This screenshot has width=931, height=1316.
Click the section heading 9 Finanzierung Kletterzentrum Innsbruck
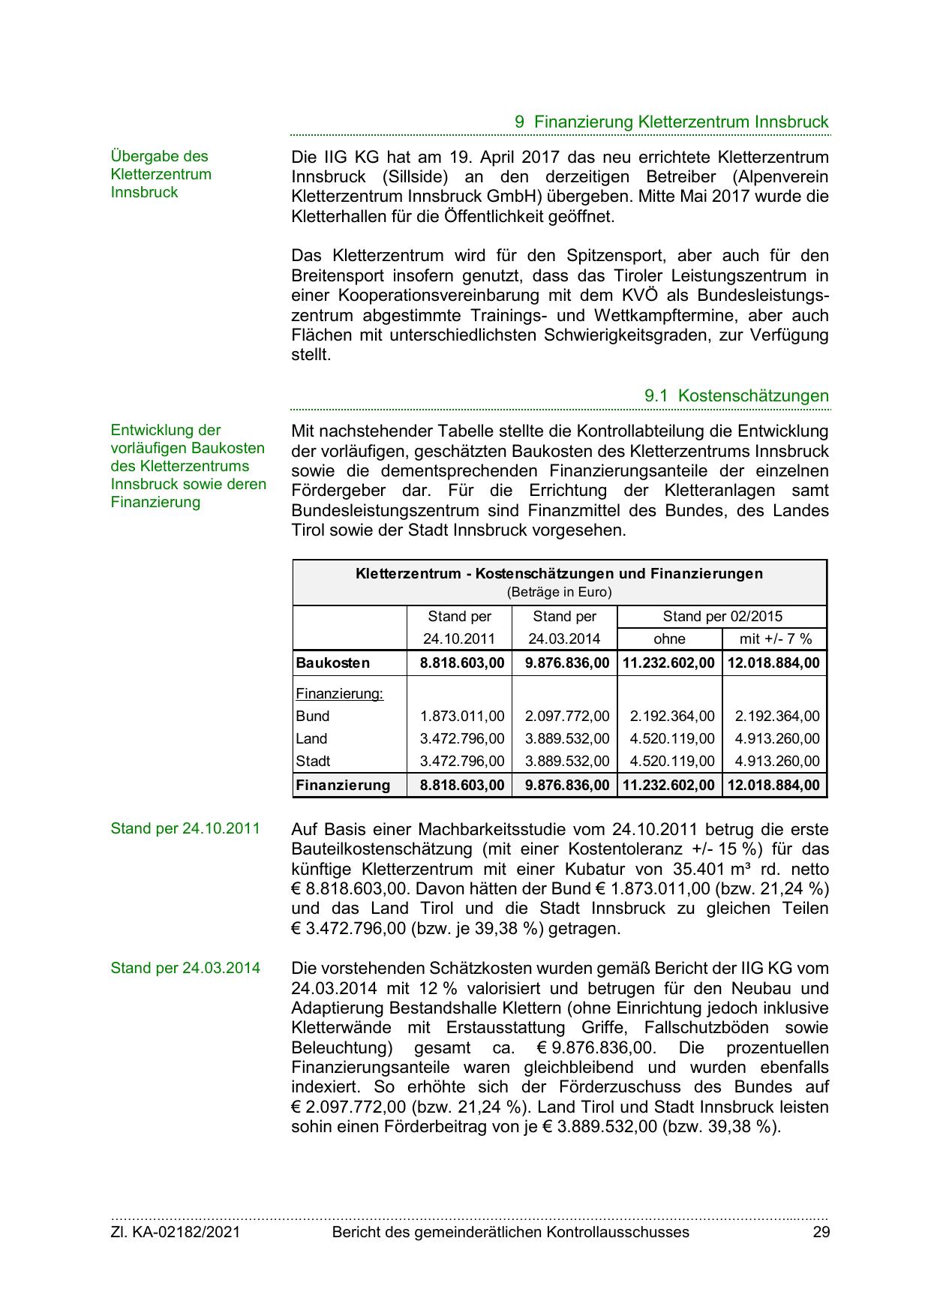tap(671, 122)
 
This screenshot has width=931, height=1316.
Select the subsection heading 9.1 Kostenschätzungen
tap(736, 395)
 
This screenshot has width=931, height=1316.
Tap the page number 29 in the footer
tap(821, 1231)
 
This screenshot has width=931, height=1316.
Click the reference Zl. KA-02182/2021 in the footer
tap(176, 1231)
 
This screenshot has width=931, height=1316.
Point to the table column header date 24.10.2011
tap(459, 638)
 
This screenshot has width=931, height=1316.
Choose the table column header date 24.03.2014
tap(564, 638)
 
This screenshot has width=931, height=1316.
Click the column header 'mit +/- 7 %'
tap(775, 638)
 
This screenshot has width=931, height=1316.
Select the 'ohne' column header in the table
tap(669, 638)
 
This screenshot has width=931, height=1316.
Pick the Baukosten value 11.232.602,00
tap(669, 663)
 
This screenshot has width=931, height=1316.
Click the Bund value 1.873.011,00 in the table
tap(462, 716)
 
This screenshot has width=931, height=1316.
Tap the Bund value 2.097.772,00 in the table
tap(567, 716)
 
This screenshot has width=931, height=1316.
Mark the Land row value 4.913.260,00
tap(777, 738)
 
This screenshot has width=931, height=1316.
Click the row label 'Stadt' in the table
tap(313, 761)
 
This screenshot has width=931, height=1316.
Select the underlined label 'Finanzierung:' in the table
tap(339, 693)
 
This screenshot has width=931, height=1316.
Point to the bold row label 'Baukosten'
tap(332, 663)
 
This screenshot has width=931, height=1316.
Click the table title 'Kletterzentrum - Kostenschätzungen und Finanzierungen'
tap(559, 574)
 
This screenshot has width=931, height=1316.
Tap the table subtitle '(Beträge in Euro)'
tap(559, 592)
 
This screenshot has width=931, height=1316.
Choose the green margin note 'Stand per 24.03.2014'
tap(185, 968)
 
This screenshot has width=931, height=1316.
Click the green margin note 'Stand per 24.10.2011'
tap(185, 828)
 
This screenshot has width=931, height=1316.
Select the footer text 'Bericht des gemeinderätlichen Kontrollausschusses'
tap(510, 1231)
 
